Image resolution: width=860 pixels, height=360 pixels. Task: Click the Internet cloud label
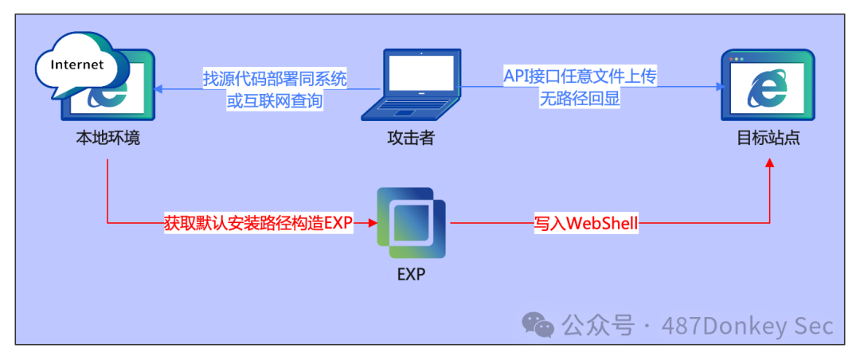click(77, 65)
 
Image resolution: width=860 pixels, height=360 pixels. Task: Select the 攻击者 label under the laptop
click(411, 137)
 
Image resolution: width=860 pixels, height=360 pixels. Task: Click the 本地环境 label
click(107, 137)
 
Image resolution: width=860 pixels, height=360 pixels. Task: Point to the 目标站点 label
click(768, 137)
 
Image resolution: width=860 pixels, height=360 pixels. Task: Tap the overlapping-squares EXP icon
click(411, 222)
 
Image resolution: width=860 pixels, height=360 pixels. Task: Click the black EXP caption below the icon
click(411, 275)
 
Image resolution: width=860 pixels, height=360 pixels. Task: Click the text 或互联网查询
click(276, 100)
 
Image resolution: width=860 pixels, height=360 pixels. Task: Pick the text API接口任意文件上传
click(580, 76)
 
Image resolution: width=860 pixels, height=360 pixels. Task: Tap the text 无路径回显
click(580, 98)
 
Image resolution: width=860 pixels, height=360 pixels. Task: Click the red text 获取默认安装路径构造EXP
click(258, 223)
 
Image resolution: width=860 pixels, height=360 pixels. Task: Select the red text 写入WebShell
click(586, 223)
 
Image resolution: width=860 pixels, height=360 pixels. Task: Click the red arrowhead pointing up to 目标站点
click(769, 162)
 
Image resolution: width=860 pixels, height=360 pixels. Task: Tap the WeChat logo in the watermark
click(538, 324)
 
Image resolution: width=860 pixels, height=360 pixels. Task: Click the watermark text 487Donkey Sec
click(746, 325)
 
